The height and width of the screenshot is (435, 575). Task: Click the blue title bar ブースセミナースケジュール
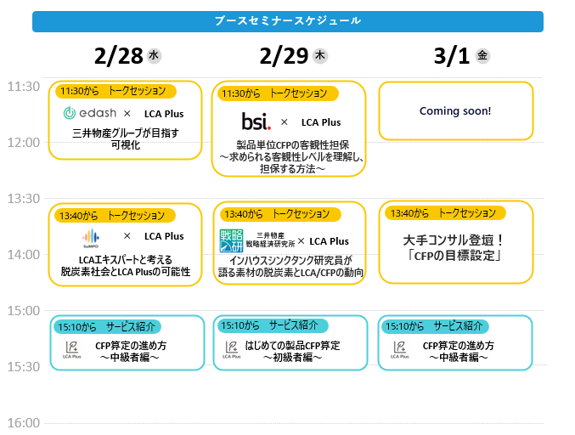coord(287,21)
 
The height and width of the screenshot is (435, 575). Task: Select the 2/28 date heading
coord(118,56)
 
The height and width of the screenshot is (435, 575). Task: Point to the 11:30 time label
coord(23,87)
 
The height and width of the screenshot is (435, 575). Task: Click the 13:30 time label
coord(23,199)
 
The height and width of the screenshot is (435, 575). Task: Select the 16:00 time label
coord(23,423)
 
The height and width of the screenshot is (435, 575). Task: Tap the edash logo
coord(88,114)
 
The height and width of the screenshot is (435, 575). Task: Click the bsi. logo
coord(256,121)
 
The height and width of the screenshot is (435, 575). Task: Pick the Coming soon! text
coord(455,111)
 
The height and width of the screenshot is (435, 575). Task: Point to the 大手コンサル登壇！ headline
coord(454,240)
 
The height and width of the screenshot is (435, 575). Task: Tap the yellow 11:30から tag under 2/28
coord(116,91)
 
